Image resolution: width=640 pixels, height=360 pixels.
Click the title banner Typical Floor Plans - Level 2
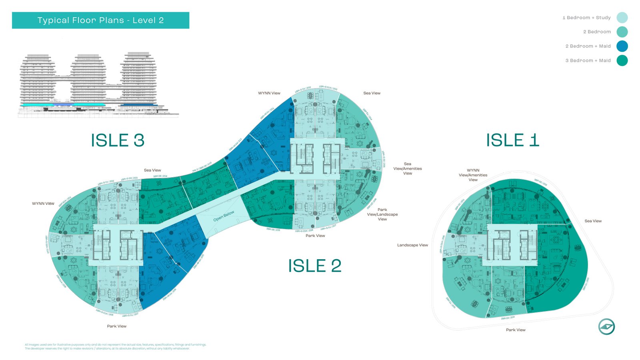click(100, 20)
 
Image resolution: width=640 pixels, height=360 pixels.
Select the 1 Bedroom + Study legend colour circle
click(622, 18)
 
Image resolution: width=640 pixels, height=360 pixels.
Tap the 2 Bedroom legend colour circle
click(622, 32)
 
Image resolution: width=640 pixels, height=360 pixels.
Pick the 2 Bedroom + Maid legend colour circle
click(622, 46)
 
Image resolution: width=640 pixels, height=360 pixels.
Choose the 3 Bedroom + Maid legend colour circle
click(622, 61)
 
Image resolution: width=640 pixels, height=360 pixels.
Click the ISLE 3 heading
click(118, 140)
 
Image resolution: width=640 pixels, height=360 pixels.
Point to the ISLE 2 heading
click(315, 266)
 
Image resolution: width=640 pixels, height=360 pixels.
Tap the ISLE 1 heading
click(512, 140)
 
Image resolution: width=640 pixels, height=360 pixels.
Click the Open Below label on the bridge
click(224, 216)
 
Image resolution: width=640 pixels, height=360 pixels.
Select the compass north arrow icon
click(606, 327)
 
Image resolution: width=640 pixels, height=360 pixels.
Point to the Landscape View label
click(412, 245)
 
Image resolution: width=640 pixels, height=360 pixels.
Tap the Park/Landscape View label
click(382, 214)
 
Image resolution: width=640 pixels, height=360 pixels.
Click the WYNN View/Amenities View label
click(473, 175)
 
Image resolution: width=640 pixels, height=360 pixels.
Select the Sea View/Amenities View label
click(407, 168)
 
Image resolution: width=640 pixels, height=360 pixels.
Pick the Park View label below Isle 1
click(516, 330)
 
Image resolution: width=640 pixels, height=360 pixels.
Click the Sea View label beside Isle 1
click(593, 221)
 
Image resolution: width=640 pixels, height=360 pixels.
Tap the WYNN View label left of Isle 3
click(43, 204)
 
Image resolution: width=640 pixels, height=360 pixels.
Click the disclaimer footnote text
click(115, 346)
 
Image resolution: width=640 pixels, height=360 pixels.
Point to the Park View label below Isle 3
click(116, 326)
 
